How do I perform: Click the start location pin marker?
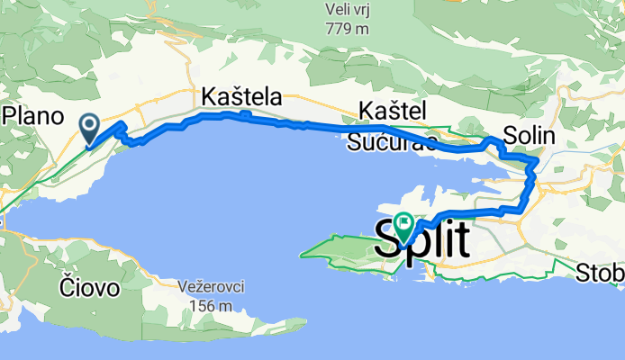click(x=90, y=127)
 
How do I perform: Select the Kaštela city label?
click(x=242, y=96)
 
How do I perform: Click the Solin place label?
click(x=530, y=134)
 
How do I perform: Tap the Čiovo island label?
click(x=88, y=288)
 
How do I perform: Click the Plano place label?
click(x=34, y=115)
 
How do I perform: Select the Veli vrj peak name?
click(x=349, y=9)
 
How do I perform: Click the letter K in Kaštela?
click(x=212, y=96)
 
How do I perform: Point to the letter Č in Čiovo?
click(x=66, y=288)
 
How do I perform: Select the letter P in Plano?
click(x=13, y=115)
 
